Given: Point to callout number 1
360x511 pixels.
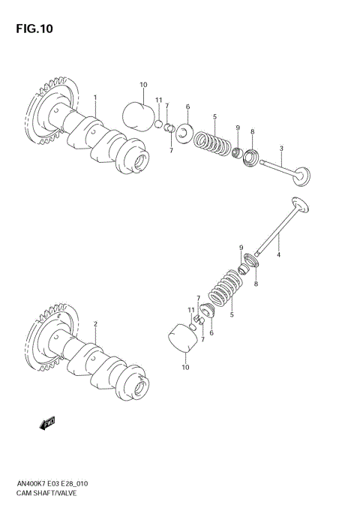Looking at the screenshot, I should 95,98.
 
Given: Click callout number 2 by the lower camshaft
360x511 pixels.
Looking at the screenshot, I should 95,324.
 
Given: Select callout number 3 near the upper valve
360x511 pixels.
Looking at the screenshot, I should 281,149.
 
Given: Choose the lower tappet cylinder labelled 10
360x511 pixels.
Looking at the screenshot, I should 183,337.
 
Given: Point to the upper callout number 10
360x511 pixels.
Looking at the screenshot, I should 143,85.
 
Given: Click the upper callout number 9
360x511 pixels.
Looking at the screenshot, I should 237,128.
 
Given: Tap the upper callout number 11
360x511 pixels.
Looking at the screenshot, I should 158,101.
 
